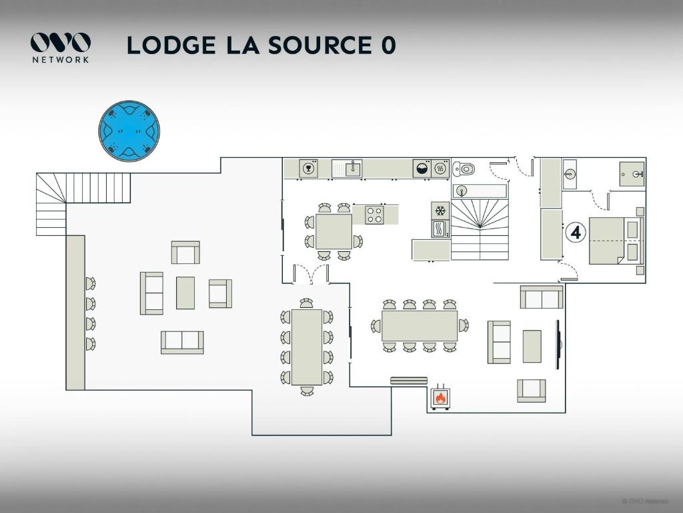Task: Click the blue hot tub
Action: [x=129, y=131]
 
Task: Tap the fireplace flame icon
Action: [x=440, y=398]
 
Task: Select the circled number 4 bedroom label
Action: [x=575, y=233]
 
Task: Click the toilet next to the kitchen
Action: [x=464, y=168]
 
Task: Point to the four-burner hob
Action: [x=374, y=214]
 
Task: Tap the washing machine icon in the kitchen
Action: [x=422, y=168]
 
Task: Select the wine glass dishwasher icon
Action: [x=308, y=168]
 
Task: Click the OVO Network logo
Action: [x=61, y=47]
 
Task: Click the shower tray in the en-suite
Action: [x=632, y=174]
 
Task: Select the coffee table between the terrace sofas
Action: [x=185, y=293]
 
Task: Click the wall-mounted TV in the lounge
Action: [x=559, y=345]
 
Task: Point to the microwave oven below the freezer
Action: [x=440, y=229]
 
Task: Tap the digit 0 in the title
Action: [x=389, y=45]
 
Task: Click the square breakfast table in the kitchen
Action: [x=333, y=231]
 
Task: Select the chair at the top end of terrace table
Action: [x=306, y=303]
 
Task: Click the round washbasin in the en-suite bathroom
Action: [x=570, y=175]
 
